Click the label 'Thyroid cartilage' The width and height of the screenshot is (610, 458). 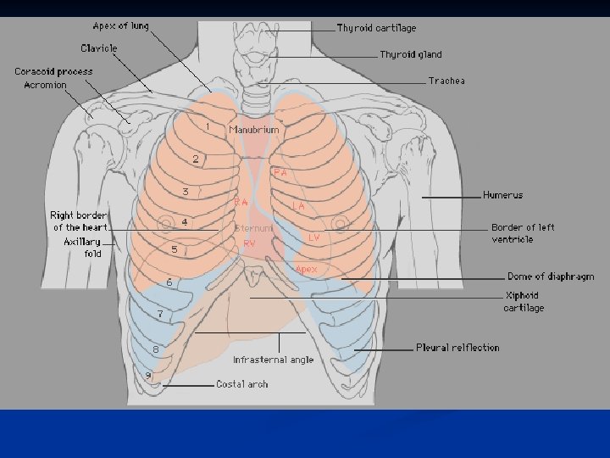376,28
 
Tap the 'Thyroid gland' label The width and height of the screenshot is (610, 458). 410,54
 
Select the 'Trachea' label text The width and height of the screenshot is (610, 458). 446,81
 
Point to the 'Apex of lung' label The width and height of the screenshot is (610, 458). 120,25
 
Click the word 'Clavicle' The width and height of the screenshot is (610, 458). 99,48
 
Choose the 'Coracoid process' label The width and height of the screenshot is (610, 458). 53,71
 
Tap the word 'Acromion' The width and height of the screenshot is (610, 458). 45,85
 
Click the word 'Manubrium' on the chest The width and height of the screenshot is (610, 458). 253,130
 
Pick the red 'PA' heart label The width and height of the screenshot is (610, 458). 280,172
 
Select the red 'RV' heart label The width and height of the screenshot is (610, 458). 249,243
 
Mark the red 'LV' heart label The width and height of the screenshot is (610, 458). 313,237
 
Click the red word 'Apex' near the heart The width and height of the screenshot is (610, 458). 306,269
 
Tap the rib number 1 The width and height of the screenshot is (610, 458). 208,126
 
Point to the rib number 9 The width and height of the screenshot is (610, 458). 148,375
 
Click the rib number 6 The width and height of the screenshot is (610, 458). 169,282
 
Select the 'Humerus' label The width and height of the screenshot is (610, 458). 502,195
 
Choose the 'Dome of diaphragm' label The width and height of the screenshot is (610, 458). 550,276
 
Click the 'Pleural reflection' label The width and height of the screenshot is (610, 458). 457,348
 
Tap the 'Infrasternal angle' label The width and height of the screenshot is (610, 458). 273,360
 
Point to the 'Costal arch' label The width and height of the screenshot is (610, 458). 241,384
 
